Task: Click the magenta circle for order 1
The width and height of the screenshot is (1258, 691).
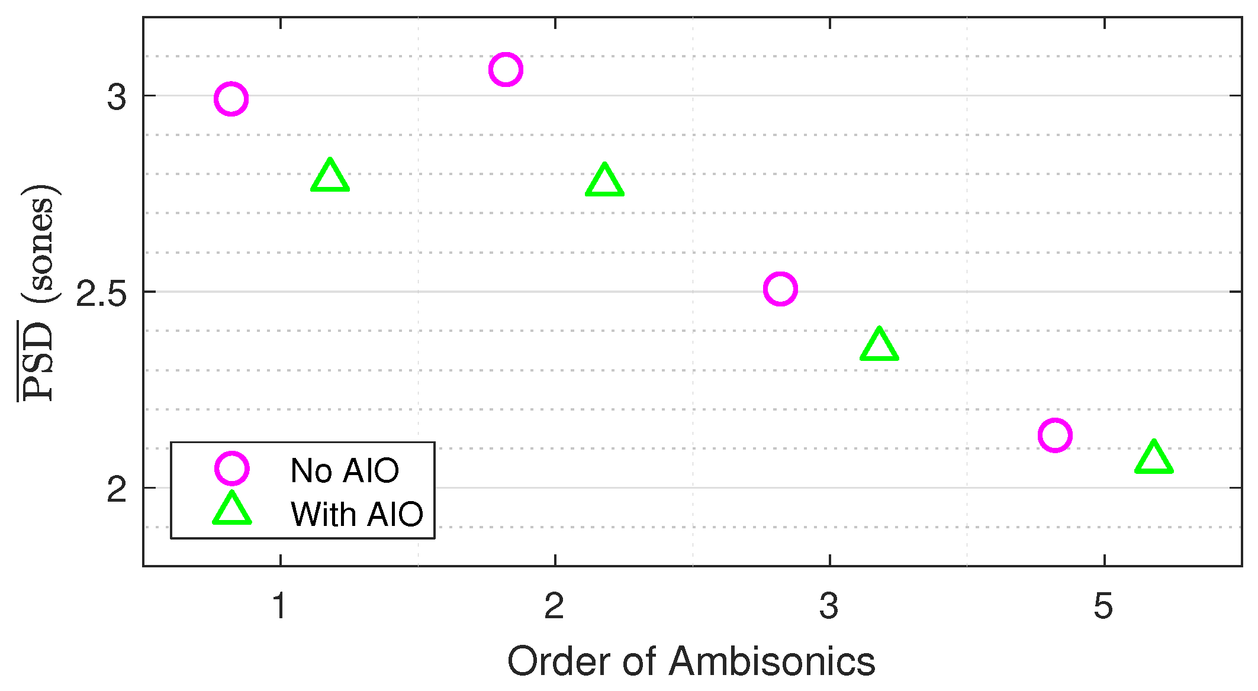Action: [231, 99]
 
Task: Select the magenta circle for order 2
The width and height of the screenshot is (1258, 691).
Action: [506, 69]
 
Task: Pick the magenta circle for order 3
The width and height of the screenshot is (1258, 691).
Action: [780, 289]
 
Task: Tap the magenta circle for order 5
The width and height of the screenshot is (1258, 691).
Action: [1055, 435]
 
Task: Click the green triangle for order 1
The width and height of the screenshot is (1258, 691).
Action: [330, 176]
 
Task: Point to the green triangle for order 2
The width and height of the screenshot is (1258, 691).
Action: [604, 180]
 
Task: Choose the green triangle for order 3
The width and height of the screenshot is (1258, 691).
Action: [879, 345]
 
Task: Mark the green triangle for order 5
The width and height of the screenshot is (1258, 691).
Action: [1154, 458]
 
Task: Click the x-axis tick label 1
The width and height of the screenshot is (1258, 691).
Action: [279, 606]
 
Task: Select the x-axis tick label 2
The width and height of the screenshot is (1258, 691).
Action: [554, 606]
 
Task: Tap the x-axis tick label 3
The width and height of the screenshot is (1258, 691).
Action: [829, 606]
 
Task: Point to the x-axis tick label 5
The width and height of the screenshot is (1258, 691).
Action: [1103, 606]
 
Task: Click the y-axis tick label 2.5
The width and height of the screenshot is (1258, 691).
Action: [102, 293]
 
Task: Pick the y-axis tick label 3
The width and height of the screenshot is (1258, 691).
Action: [117, 96]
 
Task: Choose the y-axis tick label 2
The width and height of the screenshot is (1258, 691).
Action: [117, 489]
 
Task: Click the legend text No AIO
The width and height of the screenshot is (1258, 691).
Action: [345, 471]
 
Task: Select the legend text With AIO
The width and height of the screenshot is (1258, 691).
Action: [357, 514]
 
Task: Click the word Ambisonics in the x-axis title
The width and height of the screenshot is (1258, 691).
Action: [772, 661]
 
